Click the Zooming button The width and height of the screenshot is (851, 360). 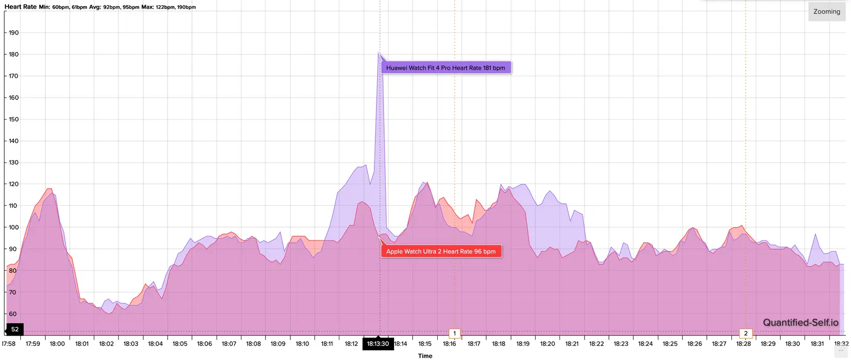click(827, 12)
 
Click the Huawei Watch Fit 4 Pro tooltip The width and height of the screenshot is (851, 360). click(446, 68)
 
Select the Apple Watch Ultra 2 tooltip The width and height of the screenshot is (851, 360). click(441, 252)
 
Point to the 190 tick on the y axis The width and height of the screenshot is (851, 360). click(13, 32)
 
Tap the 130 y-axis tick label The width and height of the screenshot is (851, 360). click(13, 162)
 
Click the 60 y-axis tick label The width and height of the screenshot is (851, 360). click(12, 314)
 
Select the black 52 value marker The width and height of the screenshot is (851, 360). click(14, 329)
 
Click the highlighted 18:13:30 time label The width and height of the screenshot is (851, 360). click(378, 344)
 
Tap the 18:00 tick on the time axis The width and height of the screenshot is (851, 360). click(57, 344)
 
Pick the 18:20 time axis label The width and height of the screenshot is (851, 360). click(547, 344)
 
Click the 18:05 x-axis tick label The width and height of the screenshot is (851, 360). click(180, 344)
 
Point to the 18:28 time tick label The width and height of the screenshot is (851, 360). click(744, 344)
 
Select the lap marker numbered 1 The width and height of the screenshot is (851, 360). click(454, 333)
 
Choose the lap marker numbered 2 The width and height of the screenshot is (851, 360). click(746, 333)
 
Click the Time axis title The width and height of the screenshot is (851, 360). click(425, 356)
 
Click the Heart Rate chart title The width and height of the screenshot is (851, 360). click(21, 7)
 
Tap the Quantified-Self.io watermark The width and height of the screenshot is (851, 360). click(800, 322)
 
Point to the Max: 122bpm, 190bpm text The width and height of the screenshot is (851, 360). click(169, 7)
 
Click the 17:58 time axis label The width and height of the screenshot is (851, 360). click(9, 344)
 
